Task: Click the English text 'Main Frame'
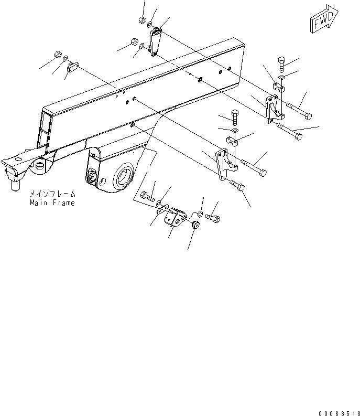coord(52,202)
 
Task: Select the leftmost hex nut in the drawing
coord(58,55)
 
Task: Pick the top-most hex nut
coord(141,20)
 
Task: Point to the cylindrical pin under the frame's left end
coord(14,182)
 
